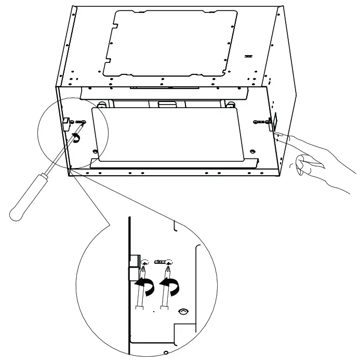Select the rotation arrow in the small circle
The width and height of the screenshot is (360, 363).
coord(76,137)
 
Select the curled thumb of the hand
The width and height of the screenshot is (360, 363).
coord(300,165)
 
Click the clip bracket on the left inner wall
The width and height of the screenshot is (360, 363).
coord(66,121)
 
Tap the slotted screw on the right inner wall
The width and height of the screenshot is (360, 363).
coord(259,122)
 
